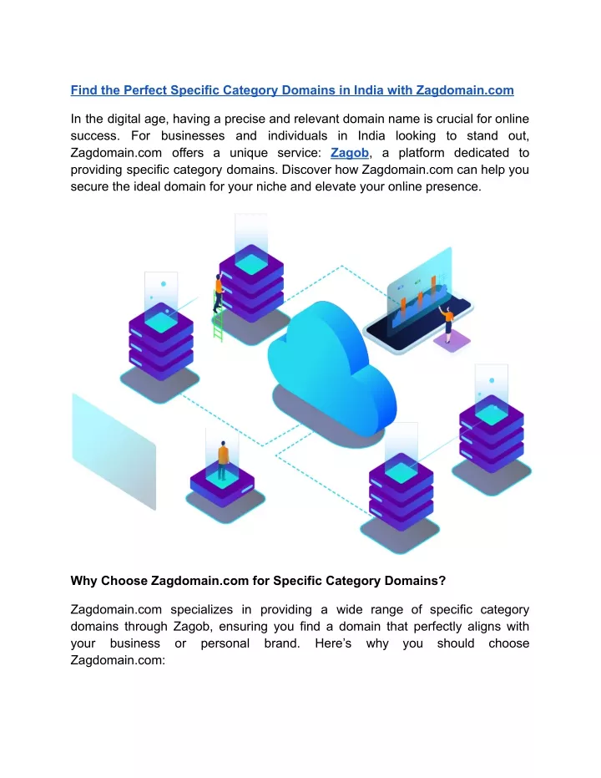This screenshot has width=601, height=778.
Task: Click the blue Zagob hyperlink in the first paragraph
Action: click(349, 153)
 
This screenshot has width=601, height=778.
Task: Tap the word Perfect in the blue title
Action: click(145, 90)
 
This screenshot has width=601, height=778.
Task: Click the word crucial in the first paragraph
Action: click(454, 119)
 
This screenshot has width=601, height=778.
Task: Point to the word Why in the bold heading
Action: click(83, 581)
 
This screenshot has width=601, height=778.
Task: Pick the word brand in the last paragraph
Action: click(282, 643)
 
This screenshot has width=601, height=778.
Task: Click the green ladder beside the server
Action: click(218, 317)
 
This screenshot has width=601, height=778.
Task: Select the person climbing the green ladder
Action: click(219, 292)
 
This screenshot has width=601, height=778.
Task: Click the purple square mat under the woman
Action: click(452, 341)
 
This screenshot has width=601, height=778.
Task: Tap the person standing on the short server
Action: click(223, 460)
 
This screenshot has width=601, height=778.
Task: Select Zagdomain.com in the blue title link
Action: click(465, 90)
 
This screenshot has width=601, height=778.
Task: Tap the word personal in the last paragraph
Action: click(225, 643)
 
